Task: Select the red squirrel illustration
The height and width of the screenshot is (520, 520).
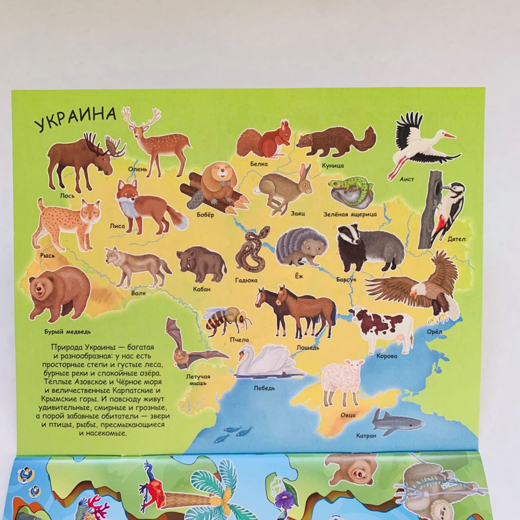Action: coord(263,141)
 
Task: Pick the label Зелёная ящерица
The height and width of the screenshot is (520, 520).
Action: coord(350,214)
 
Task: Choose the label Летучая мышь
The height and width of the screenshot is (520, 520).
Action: coord(198,379)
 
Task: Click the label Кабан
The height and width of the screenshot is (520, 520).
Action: coord(202,289)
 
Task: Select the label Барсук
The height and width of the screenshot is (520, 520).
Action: coord(346,280)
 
